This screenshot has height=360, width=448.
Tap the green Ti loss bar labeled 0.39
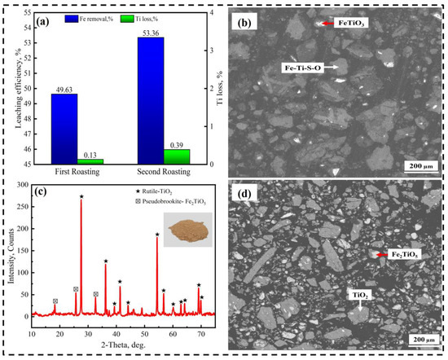pos(176,156)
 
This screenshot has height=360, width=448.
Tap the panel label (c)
pos(42,191)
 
